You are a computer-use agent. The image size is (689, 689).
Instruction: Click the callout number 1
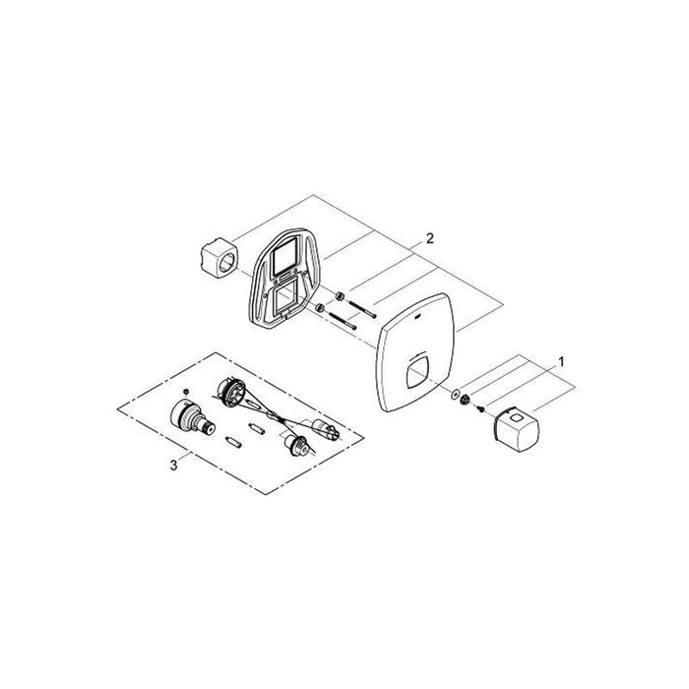561,362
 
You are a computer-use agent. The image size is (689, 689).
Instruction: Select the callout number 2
429,238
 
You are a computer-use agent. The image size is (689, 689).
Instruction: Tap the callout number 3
174,465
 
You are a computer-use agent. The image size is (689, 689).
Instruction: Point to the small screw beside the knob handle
480,409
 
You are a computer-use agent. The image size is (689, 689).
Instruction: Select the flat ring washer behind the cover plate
455,394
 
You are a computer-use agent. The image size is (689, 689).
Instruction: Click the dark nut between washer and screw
464,400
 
